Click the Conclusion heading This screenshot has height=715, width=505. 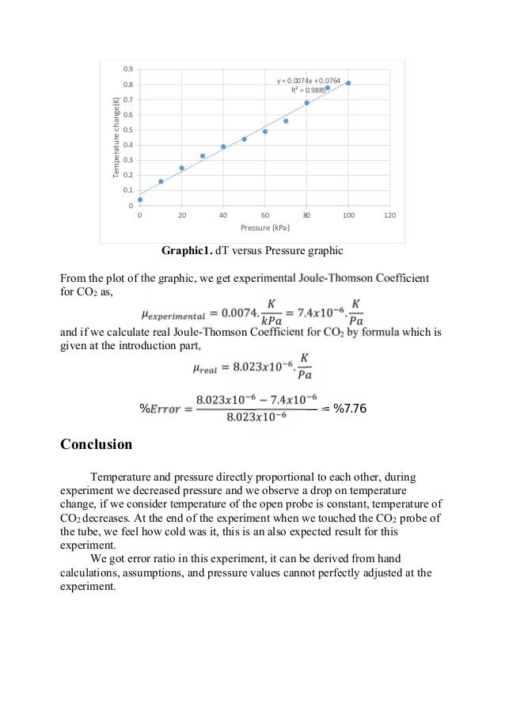coord(96,444)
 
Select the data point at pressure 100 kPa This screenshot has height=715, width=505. coord(348,83)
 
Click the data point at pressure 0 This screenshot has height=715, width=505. coord(140,200)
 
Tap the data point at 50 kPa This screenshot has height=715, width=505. coord(244,139)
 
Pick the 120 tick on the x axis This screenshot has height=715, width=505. coord(389,215)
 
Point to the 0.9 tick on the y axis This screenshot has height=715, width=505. coord(128,69)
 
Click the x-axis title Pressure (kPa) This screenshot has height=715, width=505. coord(264,229)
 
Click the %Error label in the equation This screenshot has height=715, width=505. coord(162,409)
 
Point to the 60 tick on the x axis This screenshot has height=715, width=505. coord(264,215)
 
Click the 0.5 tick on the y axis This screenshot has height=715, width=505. coord(128,130)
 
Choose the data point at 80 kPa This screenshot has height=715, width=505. coord(306,103)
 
